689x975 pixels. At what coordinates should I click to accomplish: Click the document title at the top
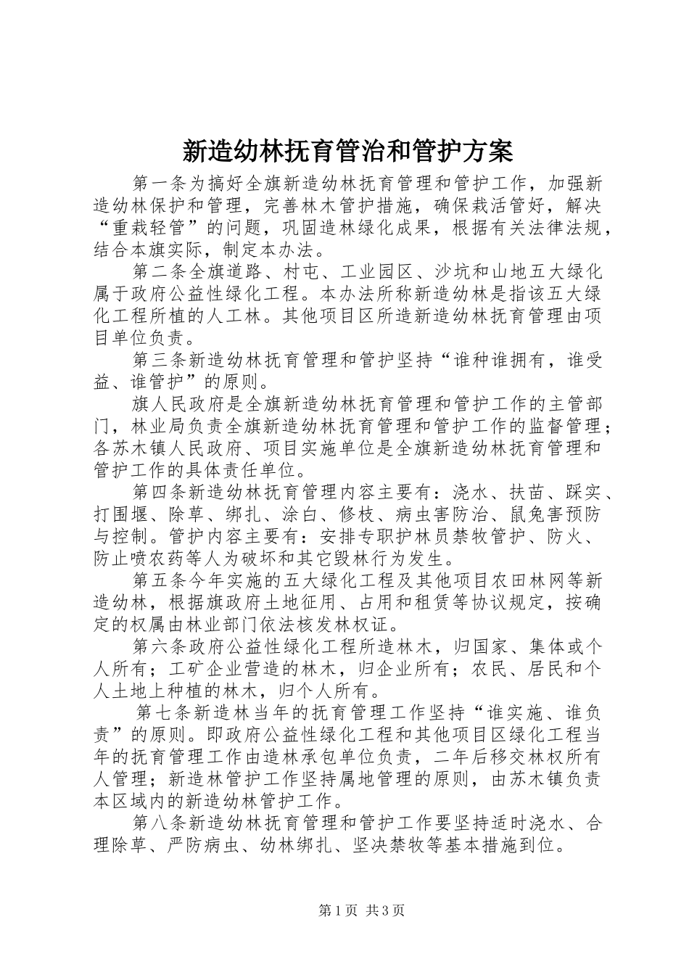tap(346, 152)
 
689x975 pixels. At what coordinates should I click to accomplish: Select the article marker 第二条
tap(161, 272)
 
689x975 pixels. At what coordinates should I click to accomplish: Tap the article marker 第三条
tap(161, 360)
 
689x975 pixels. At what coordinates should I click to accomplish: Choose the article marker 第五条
tap(161, 580)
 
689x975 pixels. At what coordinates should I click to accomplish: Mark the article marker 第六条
tap(161, 646)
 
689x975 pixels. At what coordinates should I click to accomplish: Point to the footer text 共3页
tap(386, 910)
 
